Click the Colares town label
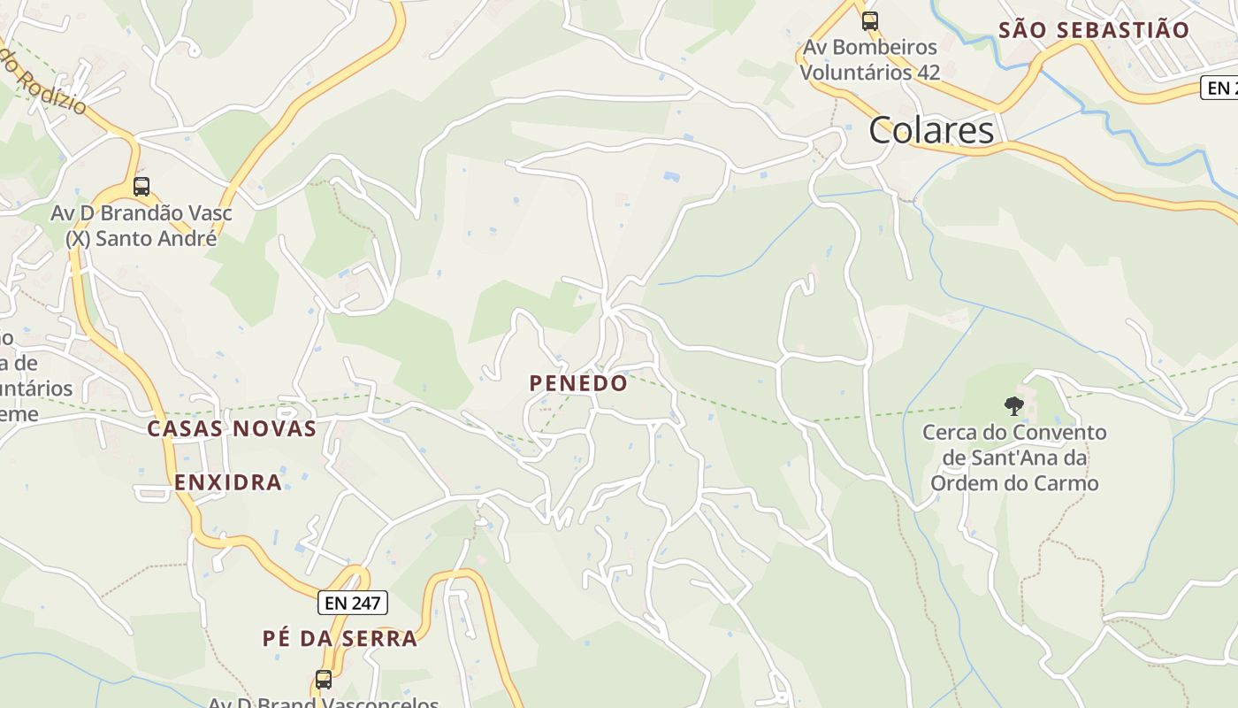[931, 130]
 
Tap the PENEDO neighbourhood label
[578, 383]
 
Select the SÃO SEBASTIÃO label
[1094, 29]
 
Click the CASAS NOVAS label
[232, 428]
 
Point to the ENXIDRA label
[228, 482]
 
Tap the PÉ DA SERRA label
[340, 638]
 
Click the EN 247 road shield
[352, 604]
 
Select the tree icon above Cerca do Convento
[1013, 406]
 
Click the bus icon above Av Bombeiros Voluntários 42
[870, 20]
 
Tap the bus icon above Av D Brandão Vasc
[141, 187]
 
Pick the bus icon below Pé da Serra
[324, 680]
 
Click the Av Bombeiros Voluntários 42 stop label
[870, 59]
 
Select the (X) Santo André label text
[141, 238]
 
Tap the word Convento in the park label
[1059, 433]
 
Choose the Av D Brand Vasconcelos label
[324, 703]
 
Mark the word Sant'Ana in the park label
[1013, 458]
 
